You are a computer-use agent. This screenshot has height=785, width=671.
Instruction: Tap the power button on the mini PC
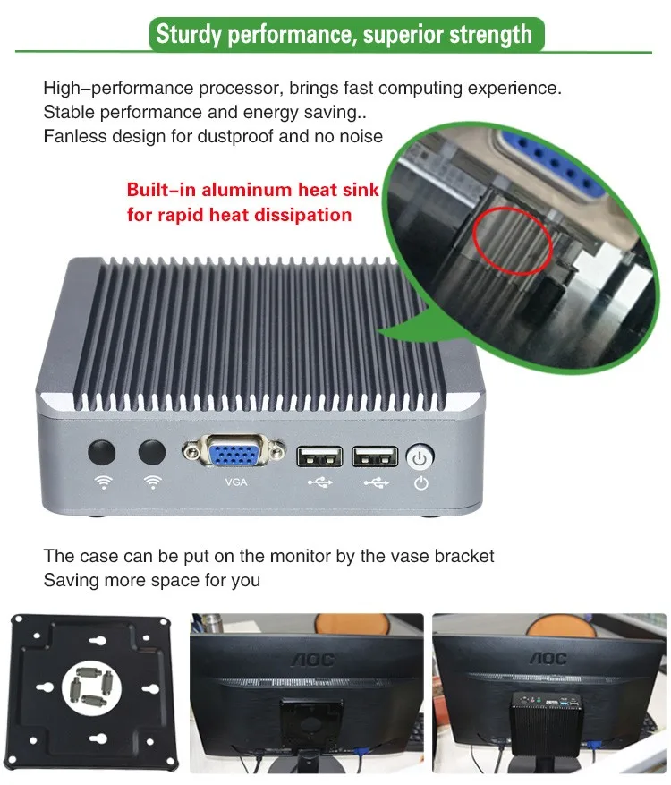click(420, 457)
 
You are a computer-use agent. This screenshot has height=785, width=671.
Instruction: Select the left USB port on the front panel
click(319, 456)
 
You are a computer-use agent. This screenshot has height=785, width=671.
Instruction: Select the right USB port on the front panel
click(374, 456)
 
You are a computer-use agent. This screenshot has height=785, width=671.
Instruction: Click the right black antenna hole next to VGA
click(153, 452)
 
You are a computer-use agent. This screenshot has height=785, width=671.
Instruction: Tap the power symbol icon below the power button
click(420, 484)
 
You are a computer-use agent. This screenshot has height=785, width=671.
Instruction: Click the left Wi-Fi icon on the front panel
click(104, 482)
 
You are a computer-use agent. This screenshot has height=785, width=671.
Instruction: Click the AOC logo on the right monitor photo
click(548, 659)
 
